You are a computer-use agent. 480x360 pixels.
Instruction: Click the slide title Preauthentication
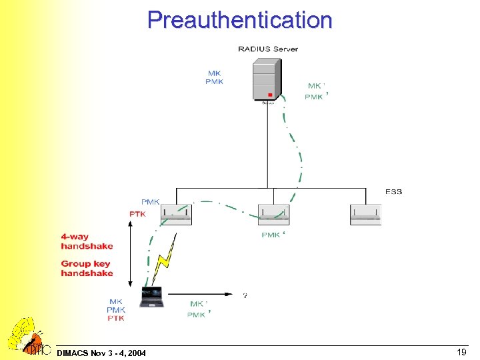pos(239,19)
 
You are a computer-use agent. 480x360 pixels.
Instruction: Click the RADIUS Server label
pos(267,49)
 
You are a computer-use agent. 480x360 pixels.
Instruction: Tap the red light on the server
pos(270,95)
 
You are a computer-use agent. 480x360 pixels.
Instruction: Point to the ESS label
pos(393,192)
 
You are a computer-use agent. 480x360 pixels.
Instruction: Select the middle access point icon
pos(273,214)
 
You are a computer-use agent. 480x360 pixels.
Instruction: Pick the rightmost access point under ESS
pos(365,214)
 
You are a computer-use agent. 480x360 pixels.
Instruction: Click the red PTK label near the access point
pos(137,213)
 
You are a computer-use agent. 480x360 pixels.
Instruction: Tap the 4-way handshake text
pos(87,241)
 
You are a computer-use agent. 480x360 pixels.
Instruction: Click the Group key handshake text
pos(87,268)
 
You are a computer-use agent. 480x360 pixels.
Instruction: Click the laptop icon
pos(151,297)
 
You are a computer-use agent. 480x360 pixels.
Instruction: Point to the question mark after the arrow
pos(245,295)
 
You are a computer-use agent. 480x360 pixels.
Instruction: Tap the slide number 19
pos(461,351)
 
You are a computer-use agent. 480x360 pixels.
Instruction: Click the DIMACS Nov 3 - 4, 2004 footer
pos(102,352)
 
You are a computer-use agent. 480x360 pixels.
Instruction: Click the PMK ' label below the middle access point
pos(273,235)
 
